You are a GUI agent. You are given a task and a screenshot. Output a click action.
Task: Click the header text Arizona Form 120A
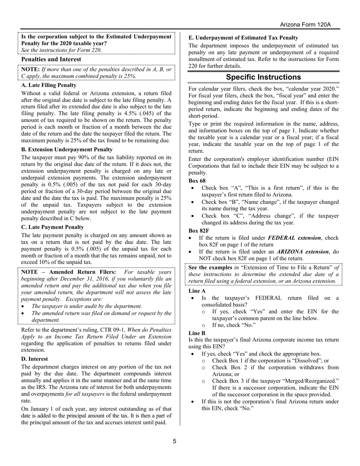[x=305, y=25]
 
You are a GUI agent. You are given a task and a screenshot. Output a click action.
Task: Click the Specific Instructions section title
[x=263, y=77]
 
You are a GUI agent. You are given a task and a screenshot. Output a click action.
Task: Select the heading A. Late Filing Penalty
[x=49, y=85]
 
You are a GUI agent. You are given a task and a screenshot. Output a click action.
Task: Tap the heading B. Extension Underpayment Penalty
[x=67, y=150]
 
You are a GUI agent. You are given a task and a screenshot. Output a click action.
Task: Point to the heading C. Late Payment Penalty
[x=53, y=227]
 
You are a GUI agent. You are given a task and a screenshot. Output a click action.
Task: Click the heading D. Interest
[x=34, y=359]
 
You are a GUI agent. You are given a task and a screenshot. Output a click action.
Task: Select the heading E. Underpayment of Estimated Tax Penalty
[x=243, y=38]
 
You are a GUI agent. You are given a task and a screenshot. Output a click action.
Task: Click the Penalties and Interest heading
[x=51, y=59]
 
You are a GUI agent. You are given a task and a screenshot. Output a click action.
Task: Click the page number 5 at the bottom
[x=175, y=441]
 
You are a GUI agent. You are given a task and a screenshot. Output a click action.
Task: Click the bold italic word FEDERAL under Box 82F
[x=280, y=238]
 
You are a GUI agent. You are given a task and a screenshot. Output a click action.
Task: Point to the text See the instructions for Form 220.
[x=61, y=50]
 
